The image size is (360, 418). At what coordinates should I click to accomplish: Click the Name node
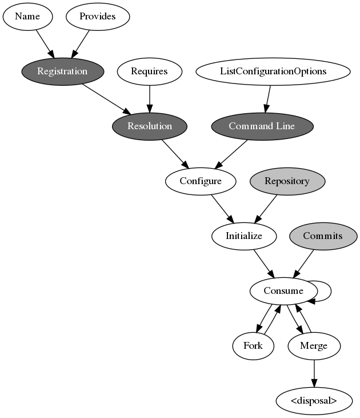point(27,16)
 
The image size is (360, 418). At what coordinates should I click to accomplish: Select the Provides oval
point(98,16)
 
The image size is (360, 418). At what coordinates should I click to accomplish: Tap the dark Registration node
point(62,71)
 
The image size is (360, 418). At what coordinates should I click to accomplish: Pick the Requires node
point(150,71)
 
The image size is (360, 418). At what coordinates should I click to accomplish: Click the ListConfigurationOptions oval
point(273,71)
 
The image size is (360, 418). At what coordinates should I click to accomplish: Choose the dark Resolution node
point(150,126)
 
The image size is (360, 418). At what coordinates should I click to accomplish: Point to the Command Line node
point(262,126)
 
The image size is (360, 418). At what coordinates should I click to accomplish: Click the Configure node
point(201,181)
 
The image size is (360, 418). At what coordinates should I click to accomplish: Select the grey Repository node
point(287,181)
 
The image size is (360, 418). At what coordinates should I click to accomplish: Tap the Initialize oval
point(244,236)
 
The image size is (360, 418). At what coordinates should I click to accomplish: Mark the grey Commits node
point(323,236)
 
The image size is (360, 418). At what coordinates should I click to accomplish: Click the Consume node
point(283,290)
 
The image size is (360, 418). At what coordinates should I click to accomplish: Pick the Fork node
point(253,345)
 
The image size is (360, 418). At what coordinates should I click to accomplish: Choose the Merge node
point(314,345)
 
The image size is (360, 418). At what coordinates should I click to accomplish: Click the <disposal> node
point(314,400)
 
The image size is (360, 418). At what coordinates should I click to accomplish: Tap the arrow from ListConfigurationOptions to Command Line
point(267,98)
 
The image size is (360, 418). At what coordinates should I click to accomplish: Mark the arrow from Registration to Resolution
point(106,98)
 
